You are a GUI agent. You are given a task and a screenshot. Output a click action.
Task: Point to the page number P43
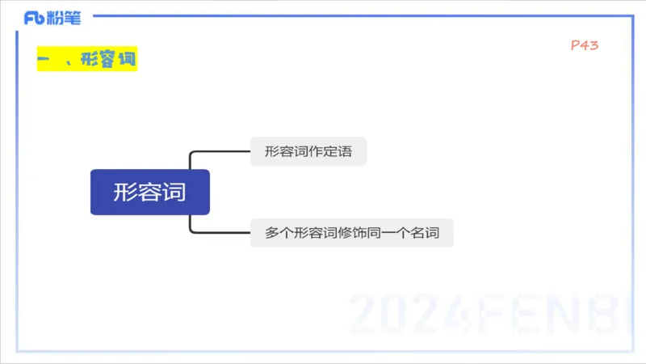click(584, 46)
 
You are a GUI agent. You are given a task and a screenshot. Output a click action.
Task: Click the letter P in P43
click(574, 46)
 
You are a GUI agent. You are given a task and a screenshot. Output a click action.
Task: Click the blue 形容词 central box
click(150, 193)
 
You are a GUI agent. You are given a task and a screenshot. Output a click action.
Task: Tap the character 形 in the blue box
click(126, 193)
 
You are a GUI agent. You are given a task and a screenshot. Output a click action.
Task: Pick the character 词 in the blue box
click(174, 193)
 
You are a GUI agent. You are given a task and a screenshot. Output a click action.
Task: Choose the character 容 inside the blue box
click(150, 193)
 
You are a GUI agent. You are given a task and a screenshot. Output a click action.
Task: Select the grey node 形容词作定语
click(308, 151)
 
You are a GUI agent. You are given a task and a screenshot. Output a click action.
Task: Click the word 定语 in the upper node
click(339, 151)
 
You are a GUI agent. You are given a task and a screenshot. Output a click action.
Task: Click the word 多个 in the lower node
click(278, 233)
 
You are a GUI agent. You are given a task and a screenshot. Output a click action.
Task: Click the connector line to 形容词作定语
click(218, 151)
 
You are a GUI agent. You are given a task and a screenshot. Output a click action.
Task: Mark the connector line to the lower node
click(218, 233)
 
